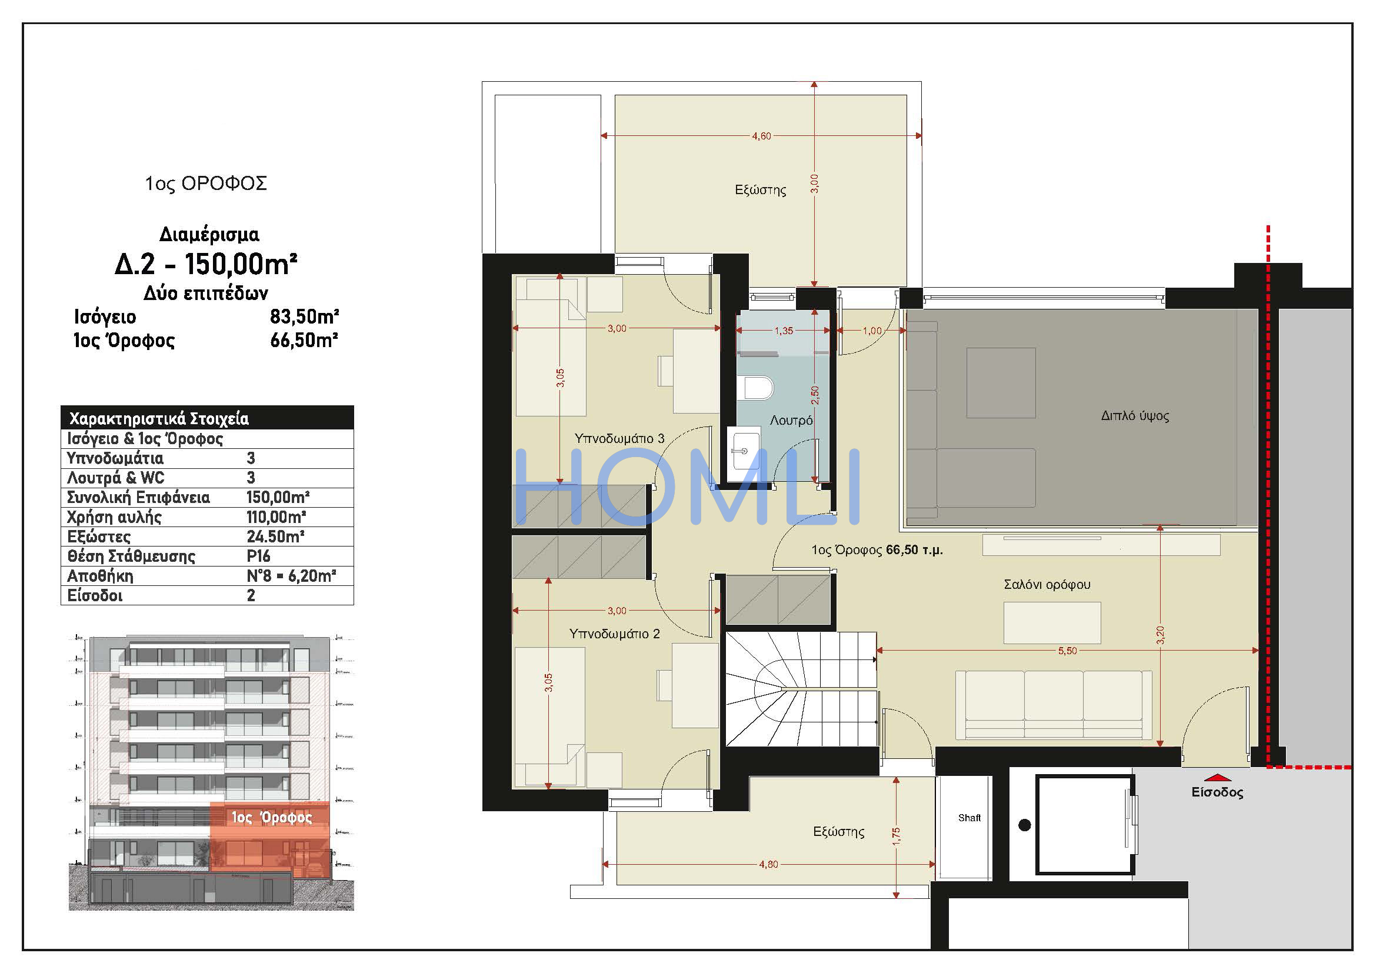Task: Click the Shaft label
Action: tap(969, 818)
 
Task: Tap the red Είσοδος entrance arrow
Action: tap(1217, 777)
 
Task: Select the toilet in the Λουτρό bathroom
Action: tap(758, 388)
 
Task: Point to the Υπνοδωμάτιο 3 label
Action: tap(619, 439)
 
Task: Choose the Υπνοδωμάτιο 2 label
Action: tap(614, 634)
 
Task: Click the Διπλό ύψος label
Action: tap(1135, 416)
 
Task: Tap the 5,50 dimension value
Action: tap(1067, 651)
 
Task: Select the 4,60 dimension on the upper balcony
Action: tap(762, 136)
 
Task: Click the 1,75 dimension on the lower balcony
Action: tap(896, 837)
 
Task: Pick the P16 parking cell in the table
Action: tap(258, 556)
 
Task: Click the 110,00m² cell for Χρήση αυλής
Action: tap(276, 517)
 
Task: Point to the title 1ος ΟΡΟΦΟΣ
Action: tap(205, 184)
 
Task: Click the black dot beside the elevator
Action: tap(1025, 825)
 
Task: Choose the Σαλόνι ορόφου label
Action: tap(1047, 585)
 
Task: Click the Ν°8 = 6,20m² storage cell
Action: tap(291, 576)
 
